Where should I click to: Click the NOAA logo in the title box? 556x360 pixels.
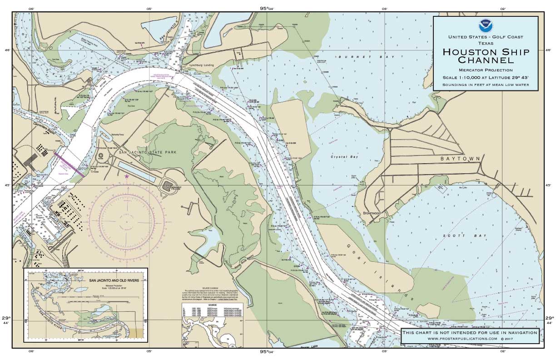485,25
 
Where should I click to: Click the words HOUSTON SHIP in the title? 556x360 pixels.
486,52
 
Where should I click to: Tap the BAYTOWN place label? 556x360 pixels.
460,159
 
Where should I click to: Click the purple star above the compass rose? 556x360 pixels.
127,176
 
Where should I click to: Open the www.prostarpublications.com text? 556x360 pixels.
470,339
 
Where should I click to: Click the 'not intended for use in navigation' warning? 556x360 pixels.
470,332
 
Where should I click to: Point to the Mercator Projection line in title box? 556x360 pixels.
485,70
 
